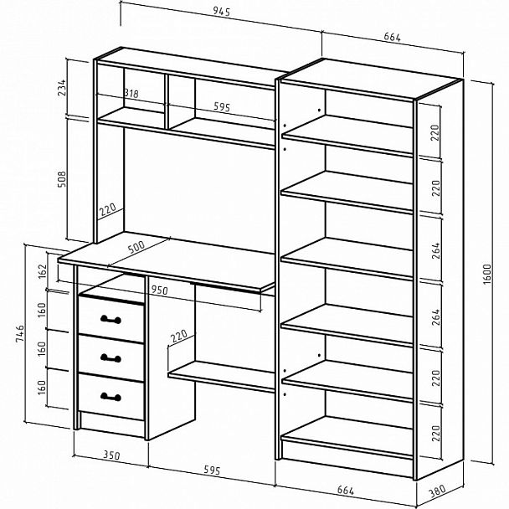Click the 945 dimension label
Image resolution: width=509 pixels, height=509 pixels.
click(x=222, y=12)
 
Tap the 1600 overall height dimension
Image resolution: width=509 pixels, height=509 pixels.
click(x=487, y=275)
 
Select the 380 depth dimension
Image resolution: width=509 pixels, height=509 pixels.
click(x=437, y=491)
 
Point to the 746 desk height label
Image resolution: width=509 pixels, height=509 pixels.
click(x=20, y=332)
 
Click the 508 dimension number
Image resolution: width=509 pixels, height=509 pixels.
click(x=62, y=179)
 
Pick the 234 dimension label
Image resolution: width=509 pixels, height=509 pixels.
click(x=62, y=88)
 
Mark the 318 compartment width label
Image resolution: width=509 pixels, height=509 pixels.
click(x=131, y=94)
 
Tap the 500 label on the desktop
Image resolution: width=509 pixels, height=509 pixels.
click(x=136, y=247)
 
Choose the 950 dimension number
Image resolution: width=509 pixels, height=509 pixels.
click(x=159, y=290)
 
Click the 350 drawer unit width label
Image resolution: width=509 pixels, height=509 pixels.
click(x=111, y=455)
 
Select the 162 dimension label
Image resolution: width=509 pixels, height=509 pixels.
click(x=43, y=271)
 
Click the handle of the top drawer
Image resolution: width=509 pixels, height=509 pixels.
click(x=111, y=320)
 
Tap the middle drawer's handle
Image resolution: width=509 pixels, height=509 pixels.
click(x=111, y=358)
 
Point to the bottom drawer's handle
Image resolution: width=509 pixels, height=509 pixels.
click(x=111, y=397)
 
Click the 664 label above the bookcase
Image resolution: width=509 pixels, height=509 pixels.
click(x=392, y=37)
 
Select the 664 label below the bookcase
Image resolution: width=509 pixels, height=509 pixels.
click(x=346, y=491)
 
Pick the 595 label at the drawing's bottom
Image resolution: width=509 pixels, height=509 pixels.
click(x=212, y=470)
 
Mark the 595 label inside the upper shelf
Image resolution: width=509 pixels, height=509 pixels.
click(x=222, y=106)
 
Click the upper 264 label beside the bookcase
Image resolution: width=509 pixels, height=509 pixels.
click(x=436, y=250)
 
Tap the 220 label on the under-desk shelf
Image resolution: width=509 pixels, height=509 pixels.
click(x=179, y=336)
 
